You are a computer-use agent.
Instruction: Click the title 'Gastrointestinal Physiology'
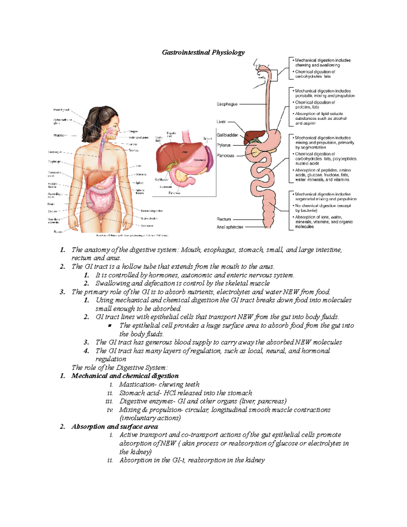[203, 52]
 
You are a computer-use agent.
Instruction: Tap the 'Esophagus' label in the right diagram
[227, 104]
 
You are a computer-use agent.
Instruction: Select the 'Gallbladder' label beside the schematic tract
[227, 135]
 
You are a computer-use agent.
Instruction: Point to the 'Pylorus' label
[224, 145]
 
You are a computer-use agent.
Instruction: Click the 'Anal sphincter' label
[230, 227]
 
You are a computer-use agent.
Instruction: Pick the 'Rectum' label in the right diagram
[224, 219]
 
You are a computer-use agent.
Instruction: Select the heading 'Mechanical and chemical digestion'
[125, 376]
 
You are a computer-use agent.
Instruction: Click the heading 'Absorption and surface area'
[115, 427]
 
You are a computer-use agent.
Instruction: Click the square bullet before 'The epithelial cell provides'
[110, 326]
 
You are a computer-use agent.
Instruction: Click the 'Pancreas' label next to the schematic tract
[226, 156]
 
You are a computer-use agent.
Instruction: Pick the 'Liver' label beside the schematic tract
[221, 121]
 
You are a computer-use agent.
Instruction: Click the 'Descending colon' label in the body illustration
[152, 211]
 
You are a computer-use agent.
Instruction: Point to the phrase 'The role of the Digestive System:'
[120, 368]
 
